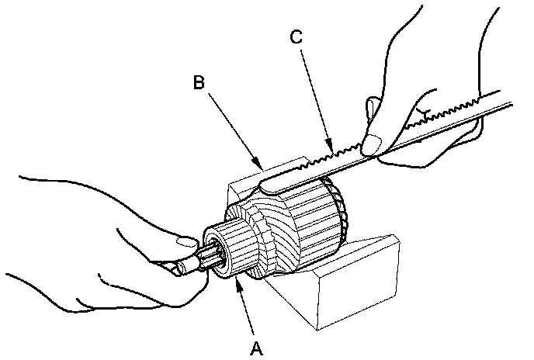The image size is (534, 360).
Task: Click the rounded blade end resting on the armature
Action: [268, 184]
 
